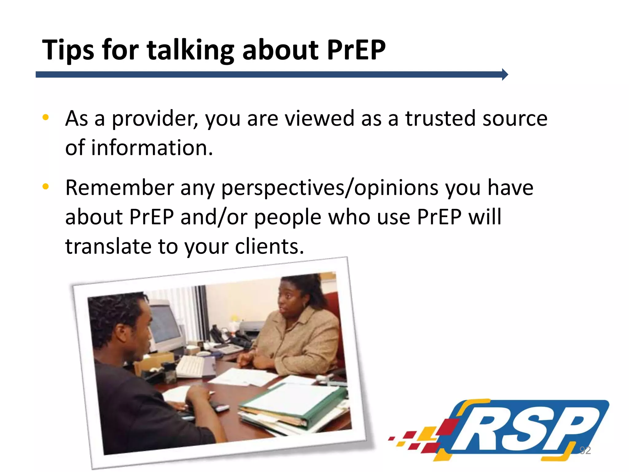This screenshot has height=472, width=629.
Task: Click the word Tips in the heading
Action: coord(68,50)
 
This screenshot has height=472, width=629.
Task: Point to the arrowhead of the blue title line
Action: coord(505,74)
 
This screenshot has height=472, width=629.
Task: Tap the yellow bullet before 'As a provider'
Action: coord(46,117)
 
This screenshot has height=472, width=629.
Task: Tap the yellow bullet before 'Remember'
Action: coord(46,186)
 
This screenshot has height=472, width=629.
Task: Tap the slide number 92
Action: coord(585,450)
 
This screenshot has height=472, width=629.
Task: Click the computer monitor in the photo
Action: coord(166,326)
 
